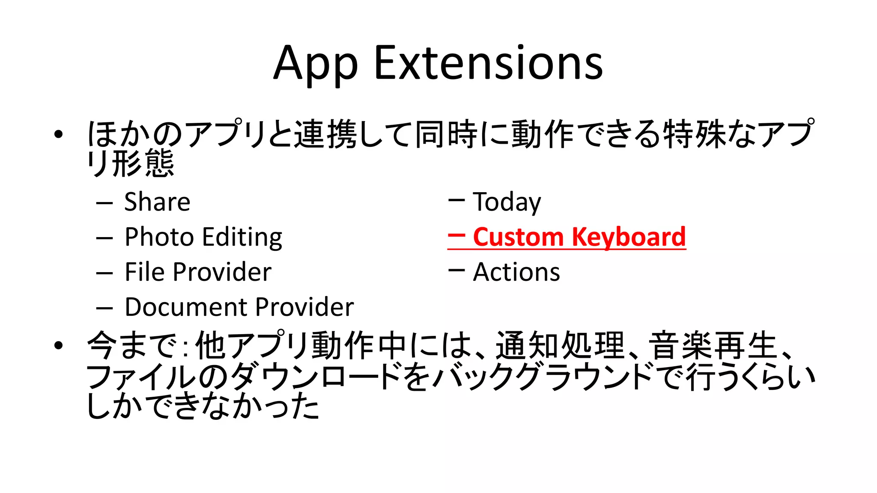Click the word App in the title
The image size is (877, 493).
pyautogui.click(x=315, y=64)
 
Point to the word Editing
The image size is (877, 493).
pyautogui.click(x=242, y=238)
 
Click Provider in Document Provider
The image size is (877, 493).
pyautogui.click(x=305, y=307)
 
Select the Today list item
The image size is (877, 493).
pyautogui.click(x=507, y=202)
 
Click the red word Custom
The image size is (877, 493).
pyautogui.click(x=518, y=237)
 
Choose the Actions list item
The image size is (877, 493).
pyautogui.click(x=516, y=272)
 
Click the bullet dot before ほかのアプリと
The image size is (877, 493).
pyautogui.click(x=58, y=134)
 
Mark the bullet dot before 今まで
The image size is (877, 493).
pyautogui.click(x=58, y=345)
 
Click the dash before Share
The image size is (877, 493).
pyautogui.click(x=104, y=203)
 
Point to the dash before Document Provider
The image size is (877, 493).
pyautogui.click(x=104, y=308)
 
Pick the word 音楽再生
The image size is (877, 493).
pyautogui.click(x=713, y=345)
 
